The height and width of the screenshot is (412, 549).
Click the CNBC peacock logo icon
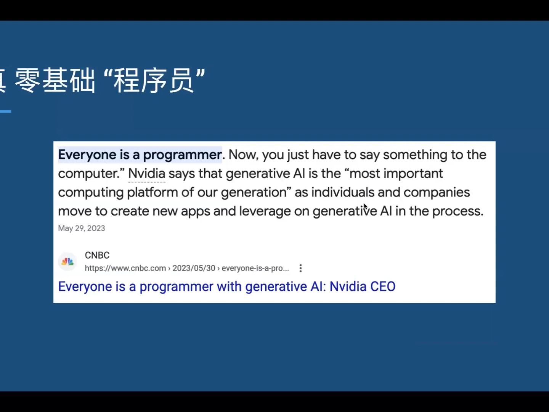(x=67, y=262)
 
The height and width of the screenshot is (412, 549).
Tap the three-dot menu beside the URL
(x=301, y=268)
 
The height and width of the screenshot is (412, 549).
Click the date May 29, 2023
(x=82, y=228)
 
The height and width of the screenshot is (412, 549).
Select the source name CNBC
(x=97, y=255)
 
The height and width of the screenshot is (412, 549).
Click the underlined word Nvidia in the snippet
(x=147, y=173)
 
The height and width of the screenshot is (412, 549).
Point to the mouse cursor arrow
(x=366, y=207)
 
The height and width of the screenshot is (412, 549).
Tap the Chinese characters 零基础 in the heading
(x=55, y=80)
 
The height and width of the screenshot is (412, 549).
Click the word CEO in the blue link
(x=383, y=286)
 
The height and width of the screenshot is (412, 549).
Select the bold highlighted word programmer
(x=182, y=154)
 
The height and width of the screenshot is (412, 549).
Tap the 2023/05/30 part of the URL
(x=194, y=268)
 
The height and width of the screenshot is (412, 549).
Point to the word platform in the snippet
(x=152, y=192)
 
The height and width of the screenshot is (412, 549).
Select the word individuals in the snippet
(x=343, y=192)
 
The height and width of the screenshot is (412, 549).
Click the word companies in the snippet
(x=437, y=192)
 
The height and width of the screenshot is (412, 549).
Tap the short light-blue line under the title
(x=5, y=111)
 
